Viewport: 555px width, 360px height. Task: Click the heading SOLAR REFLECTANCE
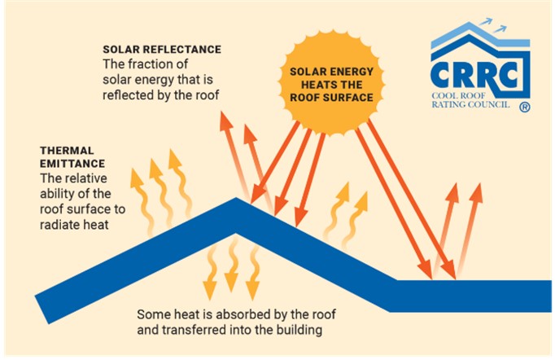pos(162,49)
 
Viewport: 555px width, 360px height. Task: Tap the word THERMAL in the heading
pos(67,151)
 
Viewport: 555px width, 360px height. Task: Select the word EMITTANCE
pos(72,164)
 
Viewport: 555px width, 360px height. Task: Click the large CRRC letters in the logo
pos(474,75)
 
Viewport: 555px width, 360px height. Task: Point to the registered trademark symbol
pos(525,107)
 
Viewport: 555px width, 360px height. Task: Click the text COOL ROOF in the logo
pos(458,95)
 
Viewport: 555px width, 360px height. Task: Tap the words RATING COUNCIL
pos(470,104)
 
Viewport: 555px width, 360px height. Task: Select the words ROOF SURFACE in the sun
pos(332,98)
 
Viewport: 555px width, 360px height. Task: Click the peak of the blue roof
pos(236,199)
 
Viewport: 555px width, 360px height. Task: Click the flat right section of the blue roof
pos(470,296)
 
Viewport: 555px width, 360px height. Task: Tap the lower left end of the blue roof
pos(42,310)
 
